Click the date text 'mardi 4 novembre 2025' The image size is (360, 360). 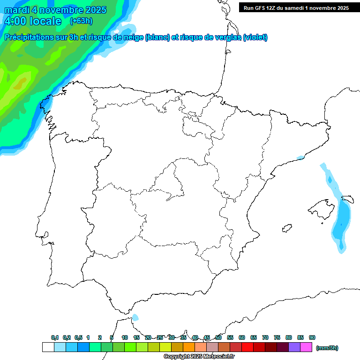pyautogui.click(x=55, y=10)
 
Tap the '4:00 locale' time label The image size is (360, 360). pyautogui.click(x=32, y=21)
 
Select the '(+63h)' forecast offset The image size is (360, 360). pyautogui.click(x=81, y=21)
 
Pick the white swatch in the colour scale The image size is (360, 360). pyautogui.click(x=48, y=347)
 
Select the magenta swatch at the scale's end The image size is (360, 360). pyautogui.click(x=306, y=347)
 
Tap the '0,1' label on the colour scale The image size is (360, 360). pyautogui.click(x=55, y=338)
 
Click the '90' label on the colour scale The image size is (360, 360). pyautogui.click(x=312, y=338)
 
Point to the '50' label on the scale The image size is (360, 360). pyautogui.click(x=218, y=338)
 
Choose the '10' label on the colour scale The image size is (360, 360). pyautogui.click(x=125, y=338)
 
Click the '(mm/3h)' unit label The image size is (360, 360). pyautogui.click(x=327, y=348)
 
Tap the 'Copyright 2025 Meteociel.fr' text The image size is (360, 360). pyautogui.click(x=199, y=357)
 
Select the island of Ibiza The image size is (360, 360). pyautogui.click(x=286, y=228)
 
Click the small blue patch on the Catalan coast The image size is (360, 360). pyautogui.click(x=300, y=157)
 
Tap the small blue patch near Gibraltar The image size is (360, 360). pyautogui.click(x=135, y=317)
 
